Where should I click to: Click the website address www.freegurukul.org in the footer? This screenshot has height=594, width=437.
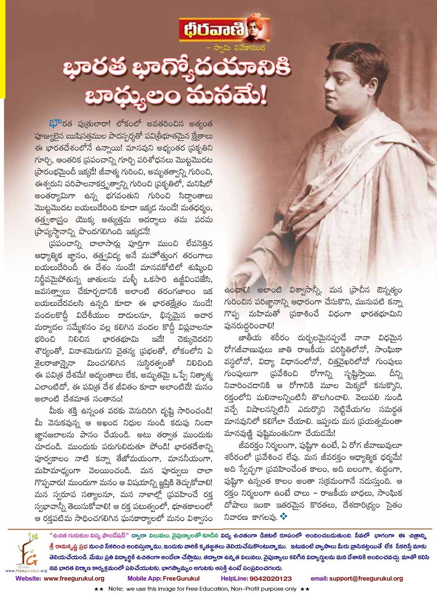(74, 578)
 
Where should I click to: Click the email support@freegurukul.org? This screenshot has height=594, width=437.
(366, 578)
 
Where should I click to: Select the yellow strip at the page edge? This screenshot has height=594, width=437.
(2, 47)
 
